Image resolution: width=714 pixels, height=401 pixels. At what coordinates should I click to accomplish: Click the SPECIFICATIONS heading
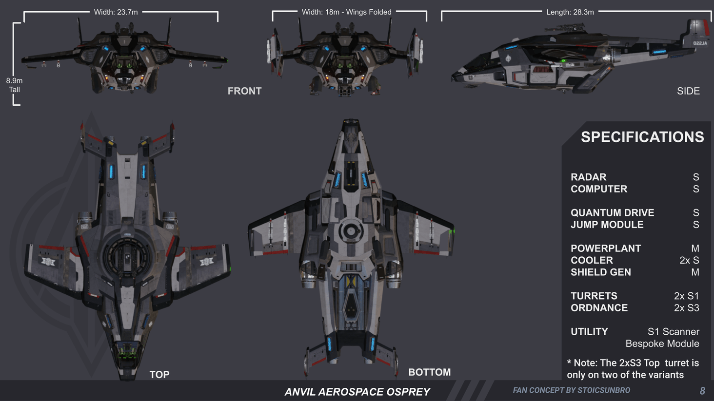(x=642, y=137)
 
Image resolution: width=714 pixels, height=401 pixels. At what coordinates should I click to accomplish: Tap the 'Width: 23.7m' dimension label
(x=116, y=12)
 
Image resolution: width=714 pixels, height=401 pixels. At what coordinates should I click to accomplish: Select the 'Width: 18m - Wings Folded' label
(x=346, y=12)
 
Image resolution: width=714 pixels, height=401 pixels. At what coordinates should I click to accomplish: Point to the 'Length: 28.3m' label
(x=570, y=12)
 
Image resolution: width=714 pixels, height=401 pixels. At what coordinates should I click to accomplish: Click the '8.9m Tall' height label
(x=14, y=85)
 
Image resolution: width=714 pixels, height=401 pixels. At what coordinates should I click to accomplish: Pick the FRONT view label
(x=244, y=91)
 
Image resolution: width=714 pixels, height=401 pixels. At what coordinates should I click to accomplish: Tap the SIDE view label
(x=688, y=91)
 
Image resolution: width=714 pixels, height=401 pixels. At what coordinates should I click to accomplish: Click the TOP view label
(x=159, y=374)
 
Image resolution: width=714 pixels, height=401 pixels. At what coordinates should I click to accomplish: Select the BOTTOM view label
(x=429, y=372)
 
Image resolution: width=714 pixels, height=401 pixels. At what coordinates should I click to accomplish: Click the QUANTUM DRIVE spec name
(x=612, y=213)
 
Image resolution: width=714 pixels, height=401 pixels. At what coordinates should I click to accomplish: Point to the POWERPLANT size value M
(x=695, y=248)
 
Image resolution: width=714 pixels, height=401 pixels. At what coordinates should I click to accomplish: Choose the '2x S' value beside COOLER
(x=689, y=260)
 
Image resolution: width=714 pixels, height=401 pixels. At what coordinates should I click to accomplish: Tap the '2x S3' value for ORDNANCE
(x=686, y=308)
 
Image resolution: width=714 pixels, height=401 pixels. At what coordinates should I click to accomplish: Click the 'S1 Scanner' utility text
(x=673, y=332)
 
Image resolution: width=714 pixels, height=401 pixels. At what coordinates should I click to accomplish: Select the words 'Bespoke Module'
(x=662, y=344)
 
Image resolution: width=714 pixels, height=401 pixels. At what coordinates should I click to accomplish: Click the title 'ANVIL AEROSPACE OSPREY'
(x=357, y=392)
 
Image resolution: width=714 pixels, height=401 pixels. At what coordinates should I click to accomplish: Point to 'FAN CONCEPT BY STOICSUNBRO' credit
(x=571, y=390)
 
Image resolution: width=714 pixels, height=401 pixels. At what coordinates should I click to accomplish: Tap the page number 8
(x=702, y=391)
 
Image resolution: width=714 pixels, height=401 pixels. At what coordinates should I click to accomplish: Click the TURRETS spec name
(x=594, y=296)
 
